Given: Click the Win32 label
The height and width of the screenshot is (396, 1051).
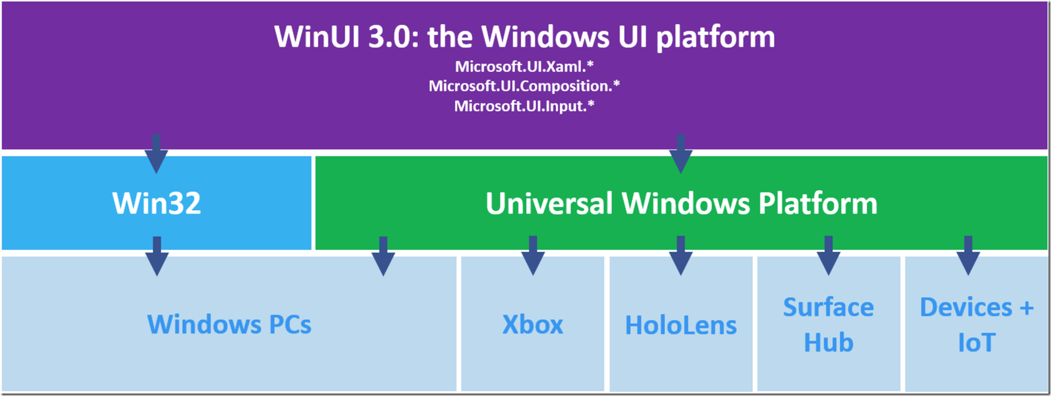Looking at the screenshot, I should pyautogui.click(x=156, y=203).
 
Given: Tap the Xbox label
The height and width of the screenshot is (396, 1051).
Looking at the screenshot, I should pyautogui.click(x=533, y=325).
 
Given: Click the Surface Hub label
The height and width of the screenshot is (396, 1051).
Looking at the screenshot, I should pyautogui.click(x=828, y=325).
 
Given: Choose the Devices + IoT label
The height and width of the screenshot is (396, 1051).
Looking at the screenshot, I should pyautogui.click(x=976, y=325).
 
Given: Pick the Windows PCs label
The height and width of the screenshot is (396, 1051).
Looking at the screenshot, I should pyautogui.click(x=229, y=324).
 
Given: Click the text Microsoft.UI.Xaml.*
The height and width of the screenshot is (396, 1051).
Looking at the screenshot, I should pyautogui.click(x=524, y=66).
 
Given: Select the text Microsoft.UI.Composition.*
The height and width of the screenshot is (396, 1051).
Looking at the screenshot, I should pyautogui.click(x=524, y=86).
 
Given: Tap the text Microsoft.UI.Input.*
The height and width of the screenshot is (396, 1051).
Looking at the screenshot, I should pyautogui.click(x=524, y=106).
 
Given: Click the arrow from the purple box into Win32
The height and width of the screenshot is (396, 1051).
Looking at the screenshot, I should pyautogui.click(x=156, y=153).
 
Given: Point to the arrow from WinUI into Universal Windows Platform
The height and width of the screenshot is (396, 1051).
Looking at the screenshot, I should pyautogui.click(x=680, y=153).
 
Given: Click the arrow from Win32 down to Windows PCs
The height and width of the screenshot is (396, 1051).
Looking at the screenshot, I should pyautogui.click(x=157, y=256).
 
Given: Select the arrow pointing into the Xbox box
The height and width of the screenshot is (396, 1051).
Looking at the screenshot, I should pyautogui.click(x=533, y=255).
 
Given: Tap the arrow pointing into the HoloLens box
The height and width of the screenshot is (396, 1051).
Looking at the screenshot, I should pyautogui.click(x=680, y=255).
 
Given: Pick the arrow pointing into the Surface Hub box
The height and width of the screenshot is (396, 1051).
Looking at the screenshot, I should pyautogui.click(x=828, y=255).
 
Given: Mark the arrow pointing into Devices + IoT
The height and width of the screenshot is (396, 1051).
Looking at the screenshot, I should pyautogui.click(x=968, y=255).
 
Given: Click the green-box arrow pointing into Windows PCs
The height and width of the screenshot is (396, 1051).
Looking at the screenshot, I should pyautogui.click(x=383, y=256).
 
